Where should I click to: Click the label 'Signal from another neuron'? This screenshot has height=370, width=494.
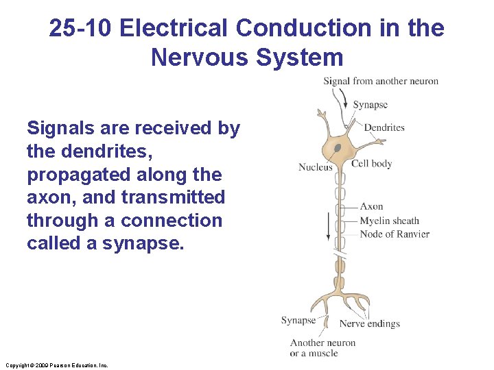point(381,81)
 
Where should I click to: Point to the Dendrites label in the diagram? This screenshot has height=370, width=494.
point(384,127)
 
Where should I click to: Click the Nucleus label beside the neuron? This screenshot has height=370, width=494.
point(315,167)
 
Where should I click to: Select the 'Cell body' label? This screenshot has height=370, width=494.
point(371,164)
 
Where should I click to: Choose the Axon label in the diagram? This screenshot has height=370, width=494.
point(371,206)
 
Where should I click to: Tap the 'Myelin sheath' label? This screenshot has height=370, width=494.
point(389,221)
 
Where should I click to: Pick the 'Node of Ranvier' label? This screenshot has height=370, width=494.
point(395,234)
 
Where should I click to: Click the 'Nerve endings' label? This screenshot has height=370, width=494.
point(369,323)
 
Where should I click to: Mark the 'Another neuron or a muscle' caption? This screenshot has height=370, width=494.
point(322,348)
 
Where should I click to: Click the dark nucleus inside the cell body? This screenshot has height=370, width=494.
point(337,147)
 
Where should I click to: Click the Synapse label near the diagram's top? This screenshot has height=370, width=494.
point(370,105)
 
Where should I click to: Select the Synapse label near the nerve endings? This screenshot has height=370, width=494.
point(298,320)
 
